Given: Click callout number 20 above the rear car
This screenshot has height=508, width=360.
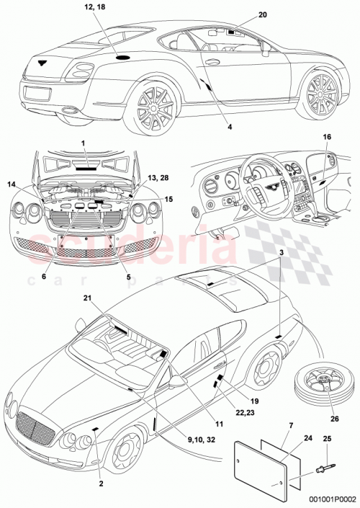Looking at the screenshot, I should (x=241, y=14).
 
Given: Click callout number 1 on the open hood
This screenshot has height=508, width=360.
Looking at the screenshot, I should (x=83, y=144).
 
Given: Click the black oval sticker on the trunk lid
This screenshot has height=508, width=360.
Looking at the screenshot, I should (x=122, y=55).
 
